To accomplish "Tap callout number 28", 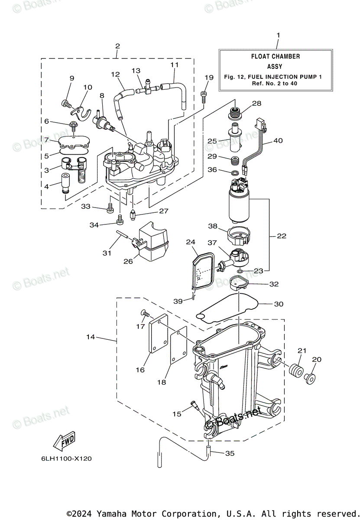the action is coord(256,103).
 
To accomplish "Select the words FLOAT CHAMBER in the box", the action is coord(275,56).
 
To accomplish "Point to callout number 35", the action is coord(230,453).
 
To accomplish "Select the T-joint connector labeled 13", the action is coord(147,88).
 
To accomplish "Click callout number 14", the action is coord(91,337).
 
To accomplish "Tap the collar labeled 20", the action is coord(310,378).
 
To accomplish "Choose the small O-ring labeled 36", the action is coord(235,172).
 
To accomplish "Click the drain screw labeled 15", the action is coord(195,404).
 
